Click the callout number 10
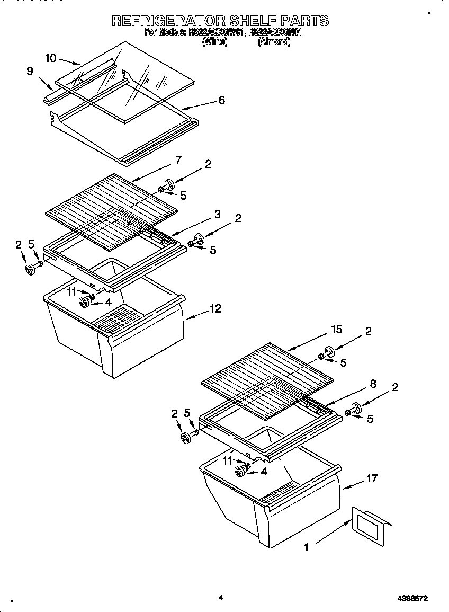51,58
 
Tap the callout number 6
221,100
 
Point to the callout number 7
178,160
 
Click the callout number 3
217,214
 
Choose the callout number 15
337,330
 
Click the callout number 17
372,478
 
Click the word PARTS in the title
304,21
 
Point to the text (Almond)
274,42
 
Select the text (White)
215,42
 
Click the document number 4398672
412,598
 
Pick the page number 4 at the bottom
221,598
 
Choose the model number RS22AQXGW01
216,32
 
